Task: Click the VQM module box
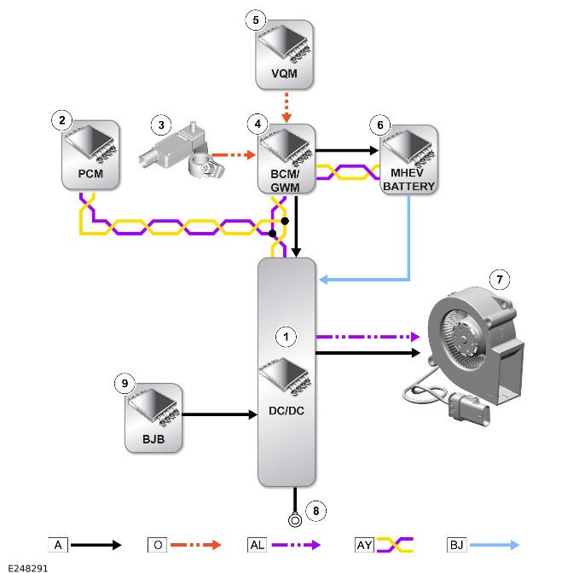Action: coord(284,55)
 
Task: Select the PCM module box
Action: coord(90,155)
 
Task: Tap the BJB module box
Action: coord(153,418)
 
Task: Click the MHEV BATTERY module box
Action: coord(408,159)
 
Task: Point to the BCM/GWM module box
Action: coord(286,159)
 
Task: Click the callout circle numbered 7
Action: coord(500,280)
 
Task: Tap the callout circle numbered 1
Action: coord(286,337)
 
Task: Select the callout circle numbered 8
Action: coord(316,511)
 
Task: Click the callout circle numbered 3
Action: coord(161,125)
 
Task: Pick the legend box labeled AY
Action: coord(364,545)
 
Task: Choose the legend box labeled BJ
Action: coord(457,545)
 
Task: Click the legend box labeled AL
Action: coord(257,545)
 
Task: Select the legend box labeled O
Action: coord(158,545)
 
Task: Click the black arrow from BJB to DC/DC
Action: coord(220,414)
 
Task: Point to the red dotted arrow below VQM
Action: coord(286,107)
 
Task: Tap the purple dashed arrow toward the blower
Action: coord(368,337)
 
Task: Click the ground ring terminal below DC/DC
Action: coord(295,519)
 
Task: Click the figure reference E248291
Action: coord(28,568)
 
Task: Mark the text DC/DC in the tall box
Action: coord(286,411)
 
